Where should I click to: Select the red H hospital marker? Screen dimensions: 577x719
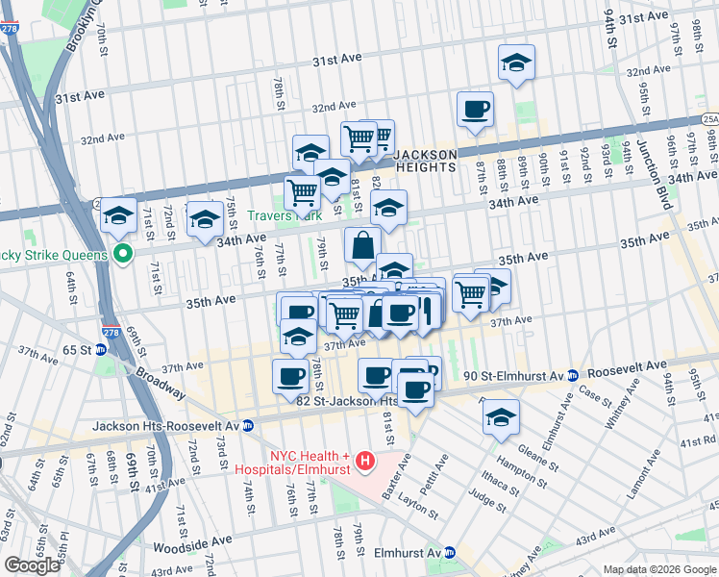click(364, 463)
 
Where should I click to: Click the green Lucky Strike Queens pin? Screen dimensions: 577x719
click(122, 254)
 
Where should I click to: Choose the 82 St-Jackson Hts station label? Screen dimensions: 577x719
click(347, 401)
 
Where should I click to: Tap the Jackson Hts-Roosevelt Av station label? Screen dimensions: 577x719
click(165, 425)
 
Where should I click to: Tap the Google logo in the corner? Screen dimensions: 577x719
click(32, 565)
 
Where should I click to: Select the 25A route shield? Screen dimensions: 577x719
click(709, 119)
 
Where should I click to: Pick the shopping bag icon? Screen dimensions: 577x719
click(362, 246)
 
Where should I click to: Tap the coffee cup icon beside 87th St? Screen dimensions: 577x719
click(474, 110)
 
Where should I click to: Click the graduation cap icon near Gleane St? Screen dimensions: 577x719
click(501, 418)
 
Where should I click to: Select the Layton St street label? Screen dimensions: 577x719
click(419, 502)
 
